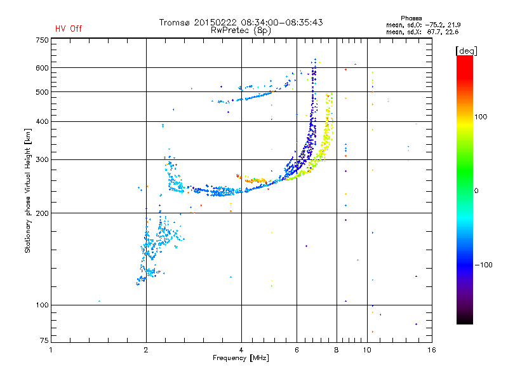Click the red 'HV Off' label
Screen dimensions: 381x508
tap(68, 29)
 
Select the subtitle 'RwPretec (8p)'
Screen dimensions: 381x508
tap(241, 30)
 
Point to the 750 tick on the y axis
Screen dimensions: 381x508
tap(42, 40)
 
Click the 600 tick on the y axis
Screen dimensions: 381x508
tap(42, 68)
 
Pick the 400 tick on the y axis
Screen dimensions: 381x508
tap(42, 121)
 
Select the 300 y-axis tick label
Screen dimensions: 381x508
tap(42, 160)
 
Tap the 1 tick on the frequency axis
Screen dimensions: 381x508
tap(51, 350)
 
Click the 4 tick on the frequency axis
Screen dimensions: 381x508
tap(241, 350)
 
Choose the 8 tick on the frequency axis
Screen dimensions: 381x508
tap(337, 350)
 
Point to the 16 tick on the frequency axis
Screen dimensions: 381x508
tap(431, 350)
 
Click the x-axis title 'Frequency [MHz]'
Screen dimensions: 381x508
tap(241, 359)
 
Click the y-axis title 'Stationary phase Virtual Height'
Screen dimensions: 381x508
tap(28, 190)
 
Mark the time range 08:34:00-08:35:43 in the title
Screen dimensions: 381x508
tap(278, 22)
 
